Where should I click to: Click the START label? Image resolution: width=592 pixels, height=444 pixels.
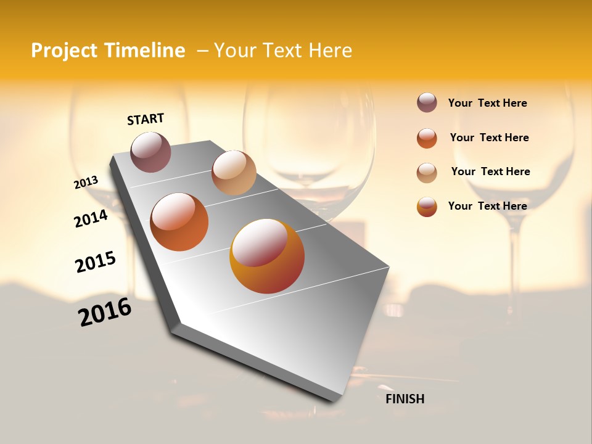(146, 119)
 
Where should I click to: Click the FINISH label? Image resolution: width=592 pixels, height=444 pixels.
(405, 399)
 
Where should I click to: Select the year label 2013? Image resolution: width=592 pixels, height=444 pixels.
(86, 182)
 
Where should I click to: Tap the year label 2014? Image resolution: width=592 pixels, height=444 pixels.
(91, 218)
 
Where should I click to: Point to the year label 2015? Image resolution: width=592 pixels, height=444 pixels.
(96, 261)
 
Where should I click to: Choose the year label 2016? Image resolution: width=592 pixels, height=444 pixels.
(105, 312)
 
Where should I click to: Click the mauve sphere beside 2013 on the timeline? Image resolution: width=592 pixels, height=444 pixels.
(151, 152)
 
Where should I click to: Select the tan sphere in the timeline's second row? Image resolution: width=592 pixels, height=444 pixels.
(234, 173)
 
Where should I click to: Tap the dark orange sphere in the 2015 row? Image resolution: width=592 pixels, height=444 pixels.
(179, 222)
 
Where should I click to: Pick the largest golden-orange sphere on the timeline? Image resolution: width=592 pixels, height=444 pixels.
(267, 256)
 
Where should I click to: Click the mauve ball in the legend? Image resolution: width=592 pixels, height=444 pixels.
(427, 102)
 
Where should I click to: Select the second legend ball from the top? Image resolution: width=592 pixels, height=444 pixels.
(427, 138)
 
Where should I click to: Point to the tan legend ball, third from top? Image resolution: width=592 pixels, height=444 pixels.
(427, 173)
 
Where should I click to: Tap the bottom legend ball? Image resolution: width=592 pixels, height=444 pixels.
(427, 207)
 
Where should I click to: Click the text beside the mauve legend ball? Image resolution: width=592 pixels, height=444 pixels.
(487, 103)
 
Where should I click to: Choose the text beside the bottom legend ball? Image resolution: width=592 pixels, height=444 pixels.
(487, 206)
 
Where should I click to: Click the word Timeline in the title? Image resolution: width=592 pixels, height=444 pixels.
(144, 51)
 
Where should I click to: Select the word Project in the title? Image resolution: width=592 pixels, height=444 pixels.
(64, 51)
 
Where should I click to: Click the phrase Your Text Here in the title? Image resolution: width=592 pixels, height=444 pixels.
(283, 51)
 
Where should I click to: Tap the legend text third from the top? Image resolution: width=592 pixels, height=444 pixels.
(490, 171)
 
